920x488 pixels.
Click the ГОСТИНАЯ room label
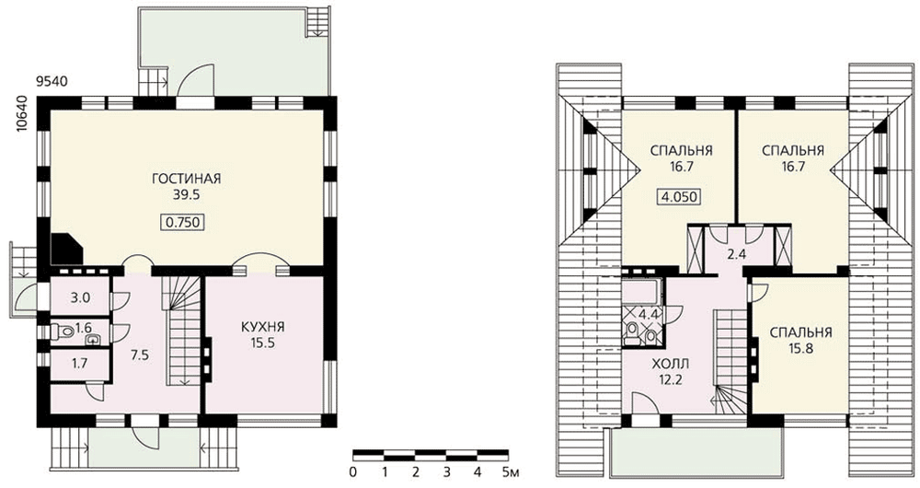coord(187,179)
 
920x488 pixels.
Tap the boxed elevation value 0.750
coord(182,222)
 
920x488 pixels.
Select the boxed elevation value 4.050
coord(679,196)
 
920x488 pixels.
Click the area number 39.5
coord(187,195)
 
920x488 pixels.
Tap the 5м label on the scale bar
coord(511,471)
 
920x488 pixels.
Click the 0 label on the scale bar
coord(352,471)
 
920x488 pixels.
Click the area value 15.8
coord(801,349)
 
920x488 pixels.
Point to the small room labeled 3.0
coord(80,297)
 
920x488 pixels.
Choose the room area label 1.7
coord(80,364)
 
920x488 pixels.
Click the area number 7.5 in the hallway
coord(139,354)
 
